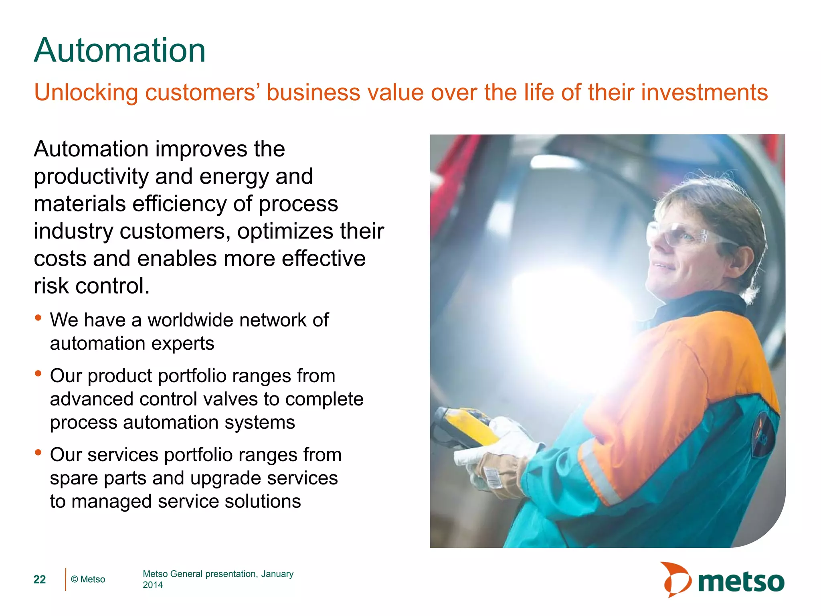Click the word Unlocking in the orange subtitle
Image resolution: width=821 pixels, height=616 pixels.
coord(86,92)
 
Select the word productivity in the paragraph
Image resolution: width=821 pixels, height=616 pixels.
coord(91,177)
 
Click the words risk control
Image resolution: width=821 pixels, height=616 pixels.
coord(91,286)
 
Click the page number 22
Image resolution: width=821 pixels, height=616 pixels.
coord(39,580)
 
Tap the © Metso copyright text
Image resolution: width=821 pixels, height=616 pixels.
coord(88,580)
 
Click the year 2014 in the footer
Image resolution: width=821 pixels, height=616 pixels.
coord(153,585)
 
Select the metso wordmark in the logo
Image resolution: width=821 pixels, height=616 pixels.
coord(741,582)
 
